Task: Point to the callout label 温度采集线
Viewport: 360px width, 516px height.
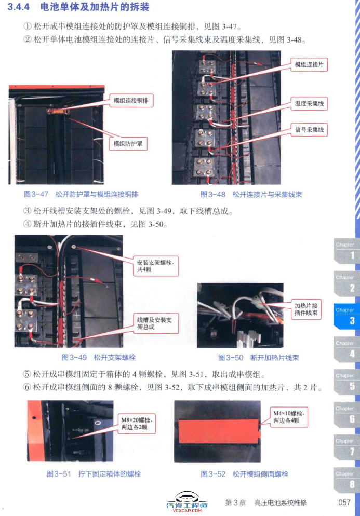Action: click(309, 104)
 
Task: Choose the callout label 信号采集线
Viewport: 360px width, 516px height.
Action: click(309, 129)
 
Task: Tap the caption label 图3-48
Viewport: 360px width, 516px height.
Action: click(213, 194)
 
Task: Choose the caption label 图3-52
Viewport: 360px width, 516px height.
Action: click(213, 474)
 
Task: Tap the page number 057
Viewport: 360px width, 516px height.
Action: click(344, 503)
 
